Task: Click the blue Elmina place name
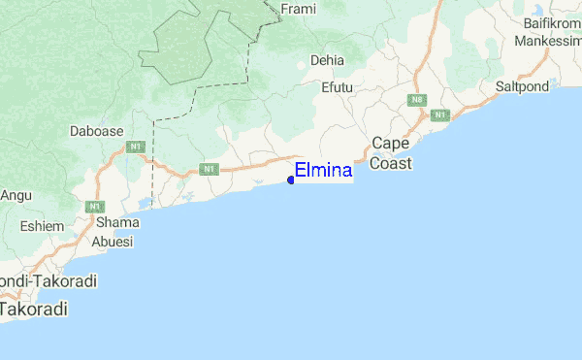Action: click(324, 171)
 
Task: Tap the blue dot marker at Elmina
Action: click(291, 179)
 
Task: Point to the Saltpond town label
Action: click(522, 86)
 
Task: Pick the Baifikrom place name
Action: click(550, 21)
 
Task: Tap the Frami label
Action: click(298, 9)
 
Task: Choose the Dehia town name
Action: click(327, 60)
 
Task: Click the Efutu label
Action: click(337, 87)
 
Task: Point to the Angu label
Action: click(16, 194)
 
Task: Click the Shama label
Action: click(116, 221)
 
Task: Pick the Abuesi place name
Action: click(112, 243)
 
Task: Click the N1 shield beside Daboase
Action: click(136, 147)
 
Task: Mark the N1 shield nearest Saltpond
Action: click(439, 115)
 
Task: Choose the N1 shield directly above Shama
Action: click(95, 207)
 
